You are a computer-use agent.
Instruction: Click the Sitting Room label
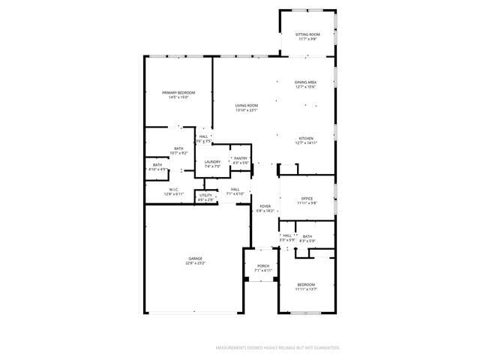click(x=307, y=34)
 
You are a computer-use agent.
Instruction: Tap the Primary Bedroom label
click(x=178, y=92)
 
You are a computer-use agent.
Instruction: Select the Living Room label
click(x=246, y=106)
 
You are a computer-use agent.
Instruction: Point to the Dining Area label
click(x=305, y=82)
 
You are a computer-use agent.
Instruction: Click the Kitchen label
click(x=306, y=139)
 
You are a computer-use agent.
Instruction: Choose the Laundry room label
click(x=212, y=161)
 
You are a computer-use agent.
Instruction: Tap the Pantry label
click(x=240, y=158)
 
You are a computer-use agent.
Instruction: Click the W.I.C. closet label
click(x=173, y=189)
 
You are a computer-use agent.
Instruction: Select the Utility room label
click(x=206, y=195)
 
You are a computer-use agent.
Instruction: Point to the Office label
click(x=307, y=198)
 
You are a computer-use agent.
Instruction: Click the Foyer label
click(x=265, y=206)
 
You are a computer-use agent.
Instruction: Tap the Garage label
click(x=195, y=259)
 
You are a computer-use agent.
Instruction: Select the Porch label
click(x=262, y=265)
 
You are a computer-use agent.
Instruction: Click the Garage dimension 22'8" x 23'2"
click(x=195, y=263)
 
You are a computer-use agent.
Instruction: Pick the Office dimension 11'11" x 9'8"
click(x=307, y=202)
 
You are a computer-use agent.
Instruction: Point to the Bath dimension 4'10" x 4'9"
click(x=157, y=169)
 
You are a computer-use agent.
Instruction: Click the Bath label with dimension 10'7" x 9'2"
click(x=178, y=148)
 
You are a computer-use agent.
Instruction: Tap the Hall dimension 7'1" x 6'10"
click(x=235, y=193)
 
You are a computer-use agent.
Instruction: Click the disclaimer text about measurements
click(x=277, y=348)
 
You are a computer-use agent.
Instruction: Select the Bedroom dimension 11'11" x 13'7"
click(x=306, y=289)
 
